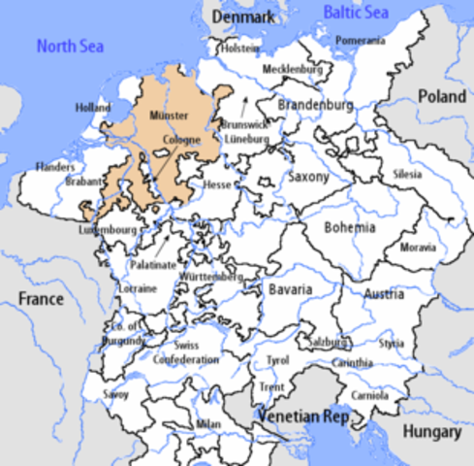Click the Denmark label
click(x=243, y=17)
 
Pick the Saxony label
click(x=309, y=178)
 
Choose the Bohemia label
click(x=350, y=227)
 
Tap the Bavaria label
click(x=290, y=289)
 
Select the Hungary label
click(x=433, y=432)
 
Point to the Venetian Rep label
click(x=300, y=416)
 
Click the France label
click(x=41, y=298)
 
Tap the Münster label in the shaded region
click(x=169, y=116)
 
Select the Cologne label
click(x=181, y=140)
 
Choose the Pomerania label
click(x=360, y=41)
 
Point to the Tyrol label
click(x=277, y=360)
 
